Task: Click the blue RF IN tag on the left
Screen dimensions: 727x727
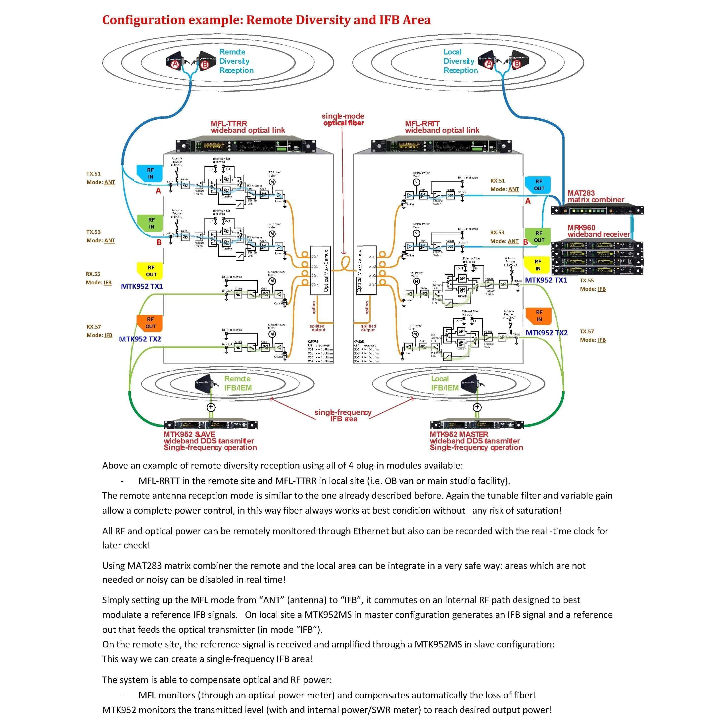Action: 150,173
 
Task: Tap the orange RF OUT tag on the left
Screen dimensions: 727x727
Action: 150,323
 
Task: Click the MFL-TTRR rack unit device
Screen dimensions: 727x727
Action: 246,146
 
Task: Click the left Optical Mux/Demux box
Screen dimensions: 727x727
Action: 321,270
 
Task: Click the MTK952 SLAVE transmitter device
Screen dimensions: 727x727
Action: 211,425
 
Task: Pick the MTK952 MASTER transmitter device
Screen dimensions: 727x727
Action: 477,425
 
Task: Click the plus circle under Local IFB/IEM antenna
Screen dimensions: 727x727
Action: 477,407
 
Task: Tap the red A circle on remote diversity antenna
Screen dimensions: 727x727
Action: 175,65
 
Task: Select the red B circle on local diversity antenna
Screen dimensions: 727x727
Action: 517,64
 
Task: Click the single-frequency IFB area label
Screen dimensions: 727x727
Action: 343,415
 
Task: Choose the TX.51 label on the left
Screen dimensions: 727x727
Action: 93,174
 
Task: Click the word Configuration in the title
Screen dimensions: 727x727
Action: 144,20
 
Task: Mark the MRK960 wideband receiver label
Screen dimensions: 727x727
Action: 598,231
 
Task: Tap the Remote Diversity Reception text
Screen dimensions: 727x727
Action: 236,61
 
